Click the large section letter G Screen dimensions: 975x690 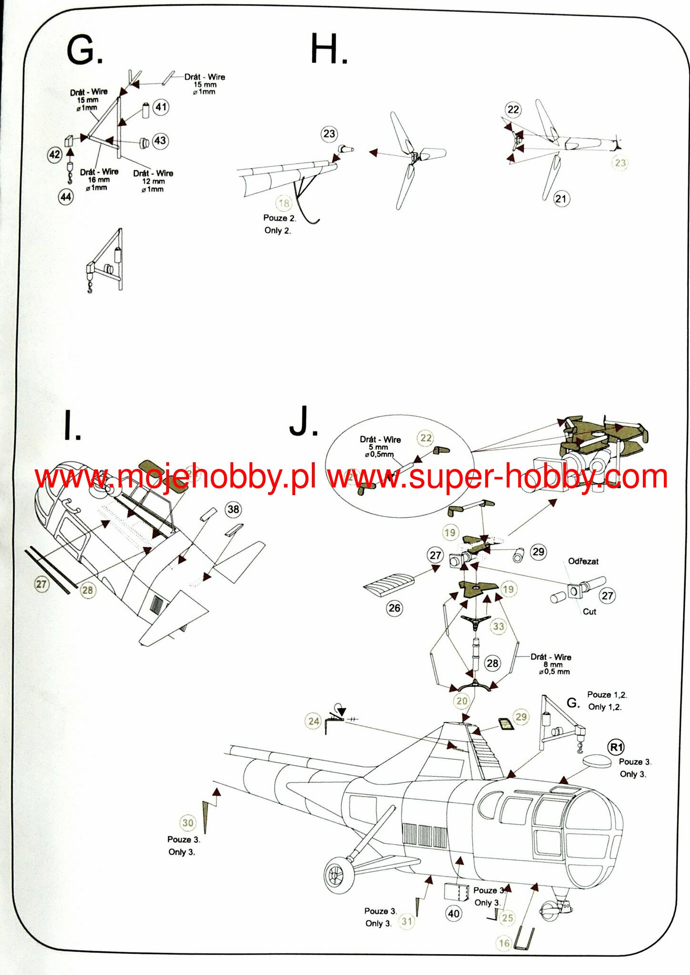(x=84, y=50)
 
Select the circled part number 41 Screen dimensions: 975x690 (x=161, y=107)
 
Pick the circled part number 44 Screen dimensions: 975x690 (x=66, y=197)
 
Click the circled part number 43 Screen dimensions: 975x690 (x=160, y=140)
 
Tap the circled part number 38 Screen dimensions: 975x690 (x=233, y=509)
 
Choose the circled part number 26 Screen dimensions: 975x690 (x=394, y=608)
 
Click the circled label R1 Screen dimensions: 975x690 (x=617, y=747)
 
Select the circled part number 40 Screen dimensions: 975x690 (x=453, y=913)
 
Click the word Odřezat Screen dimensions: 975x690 (x=583, y=561)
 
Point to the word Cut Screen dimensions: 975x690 (x=589, y=612)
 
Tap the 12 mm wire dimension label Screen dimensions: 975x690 (x=153, y=181)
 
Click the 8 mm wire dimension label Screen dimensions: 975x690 (x=553, y=665)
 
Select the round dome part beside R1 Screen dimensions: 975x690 (x=596, y=760)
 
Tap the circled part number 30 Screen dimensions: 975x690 (x=188, y=823)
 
